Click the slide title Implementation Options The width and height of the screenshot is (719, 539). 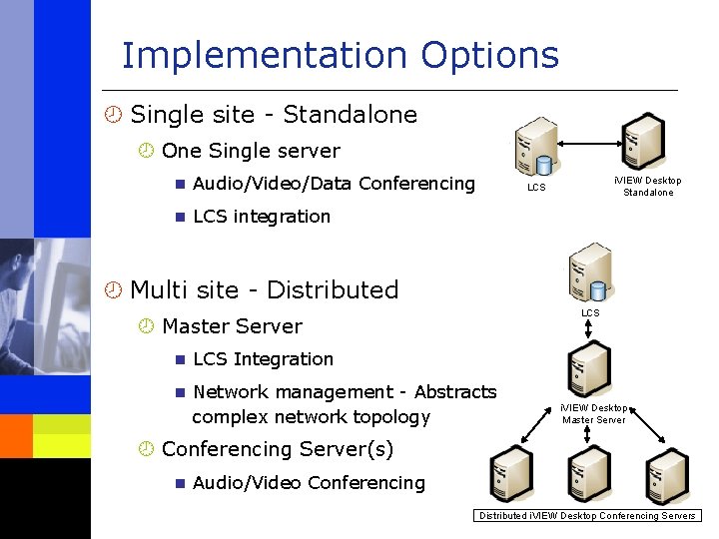point(340,55)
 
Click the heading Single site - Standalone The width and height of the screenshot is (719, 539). point(274,115)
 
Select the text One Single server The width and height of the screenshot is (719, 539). point(251,152)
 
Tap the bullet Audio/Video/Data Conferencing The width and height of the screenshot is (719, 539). point(334,184)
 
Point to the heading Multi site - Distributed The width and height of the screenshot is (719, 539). point(265,290)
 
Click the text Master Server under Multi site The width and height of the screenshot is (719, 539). point(232,326)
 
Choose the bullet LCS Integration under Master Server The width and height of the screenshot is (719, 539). point(263,359)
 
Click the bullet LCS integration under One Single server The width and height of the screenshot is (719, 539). point(261,217)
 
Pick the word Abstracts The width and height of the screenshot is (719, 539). point(455,392)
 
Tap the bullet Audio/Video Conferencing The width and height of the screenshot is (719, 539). point(309,483)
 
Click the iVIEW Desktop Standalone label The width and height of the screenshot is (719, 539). point(648,187)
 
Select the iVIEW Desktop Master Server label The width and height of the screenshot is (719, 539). point(594,413)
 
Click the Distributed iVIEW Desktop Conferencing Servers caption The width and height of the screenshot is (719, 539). point(587,516)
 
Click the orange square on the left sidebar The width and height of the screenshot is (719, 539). point(16,435)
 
